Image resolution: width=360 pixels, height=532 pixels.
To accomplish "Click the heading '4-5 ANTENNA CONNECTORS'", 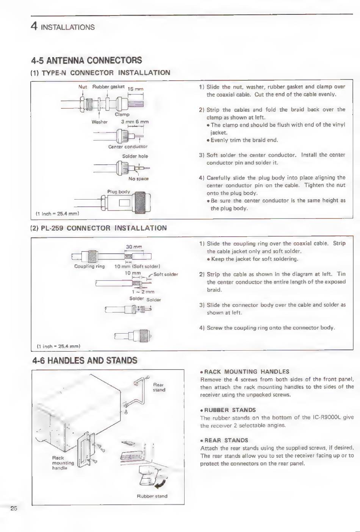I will coord(86,60).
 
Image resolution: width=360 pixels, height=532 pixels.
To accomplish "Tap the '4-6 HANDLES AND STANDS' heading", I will coord(85,360).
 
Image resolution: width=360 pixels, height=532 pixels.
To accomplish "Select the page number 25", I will coord(14,509).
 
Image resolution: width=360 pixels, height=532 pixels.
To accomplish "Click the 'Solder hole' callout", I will coord(135,156).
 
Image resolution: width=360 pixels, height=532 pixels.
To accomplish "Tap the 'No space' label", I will coord(138,179).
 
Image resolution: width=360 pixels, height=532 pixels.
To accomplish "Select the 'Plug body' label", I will coord(118,192).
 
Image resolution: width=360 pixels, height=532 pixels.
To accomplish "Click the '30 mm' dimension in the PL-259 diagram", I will coord(134,247).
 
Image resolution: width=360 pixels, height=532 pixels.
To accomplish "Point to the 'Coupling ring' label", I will coord(89,266).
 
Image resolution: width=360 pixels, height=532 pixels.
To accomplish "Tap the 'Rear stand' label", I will coord(159,387).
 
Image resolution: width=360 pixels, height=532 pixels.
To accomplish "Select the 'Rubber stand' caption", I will coord(152,496).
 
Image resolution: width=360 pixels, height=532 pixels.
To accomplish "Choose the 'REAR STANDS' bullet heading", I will coord(226,440).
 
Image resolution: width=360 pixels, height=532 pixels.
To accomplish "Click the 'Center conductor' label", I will coord(128,147).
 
